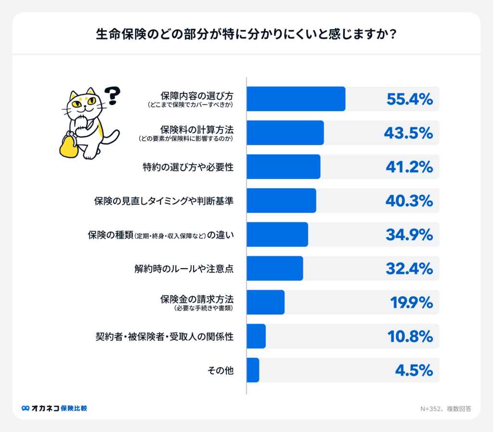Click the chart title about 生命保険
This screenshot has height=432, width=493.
(x=246, y=35)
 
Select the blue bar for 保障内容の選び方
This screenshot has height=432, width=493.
(x=296, y=99)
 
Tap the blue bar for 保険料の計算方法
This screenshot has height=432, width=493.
(x=285, y=132)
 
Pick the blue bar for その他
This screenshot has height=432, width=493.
(x=253, y=370)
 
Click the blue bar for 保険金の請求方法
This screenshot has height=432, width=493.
(x=265, y=302)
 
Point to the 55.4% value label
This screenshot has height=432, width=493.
(x=410, y=99)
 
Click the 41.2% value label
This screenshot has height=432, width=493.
(x=410, y=167)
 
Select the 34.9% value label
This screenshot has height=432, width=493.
(x=410, y=235)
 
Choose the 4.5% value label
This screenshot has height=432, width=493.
(x=414, y=370)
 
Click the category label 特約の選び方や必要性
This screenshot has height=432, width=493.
(x=188, y=167)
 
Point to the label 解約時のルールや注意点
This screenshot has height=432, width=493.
(x=184, y=268)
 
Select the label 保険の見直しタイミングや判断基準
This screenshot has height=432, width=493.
(x=164, y=200)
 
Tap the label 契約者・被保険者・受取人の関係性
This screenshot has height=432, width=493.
(x=164, y=336)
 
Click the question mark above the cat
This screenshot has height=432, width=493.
(x=112, y=95)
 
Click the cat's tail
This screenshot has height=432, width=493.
(x=111, y=137)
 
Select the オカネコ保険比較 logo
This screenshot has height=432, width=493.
(x=54, y=408)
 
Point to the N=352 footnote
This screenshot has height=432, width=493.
(x=445, y=409)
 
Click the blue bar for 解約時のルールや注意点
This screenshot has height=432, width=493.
(x=274, y=268)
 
